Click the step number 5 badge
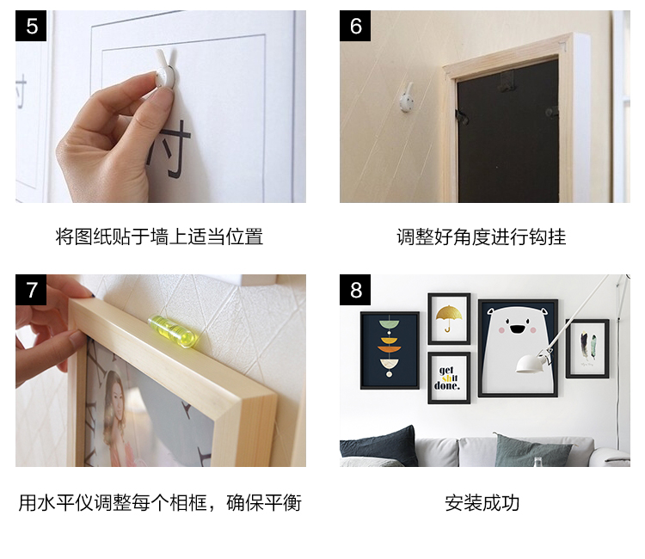coord(31,26)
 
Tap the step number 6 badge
coord(355,26)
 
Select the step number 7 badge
coord(31,290)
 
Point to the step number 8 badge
coord(355,290)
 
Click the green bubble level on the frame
coord(173,331)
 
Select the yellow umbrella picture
coord(449,319)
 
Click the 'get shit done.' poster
coord(449,378)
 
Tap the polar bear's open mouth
coord(517,329)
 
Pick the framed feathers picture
coord(587,349)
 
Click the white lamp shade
coord(531,364)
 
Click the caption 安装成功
coord(482,503)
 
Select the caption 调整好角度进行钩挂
coord(482,237)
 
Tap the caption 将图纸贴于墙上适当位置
coord(159,237)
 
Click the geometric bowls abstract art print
coord(390,350)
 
